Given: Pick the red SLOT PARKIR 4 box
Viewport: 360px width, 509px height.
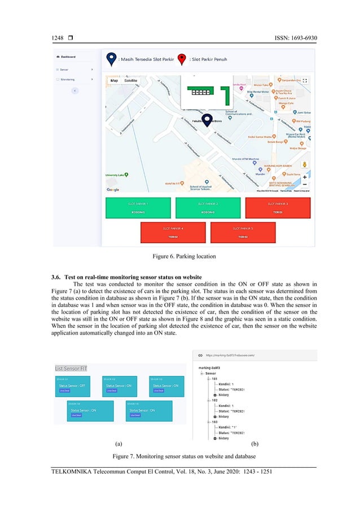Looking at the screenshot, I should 174,232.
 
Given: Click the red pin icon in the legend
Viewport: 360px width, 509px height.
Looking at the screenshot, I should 182,59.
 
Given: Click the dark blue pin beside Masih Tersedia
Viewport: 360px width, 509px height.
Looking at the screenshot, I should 111,59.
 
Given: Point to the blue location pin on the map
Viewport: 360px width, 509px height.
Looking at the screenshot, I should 207,119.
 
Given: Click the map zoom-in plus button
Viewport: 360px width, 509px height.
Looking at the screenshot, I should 305,177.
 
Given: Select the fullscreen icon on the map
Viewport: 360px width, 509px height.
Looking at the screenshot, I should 305,81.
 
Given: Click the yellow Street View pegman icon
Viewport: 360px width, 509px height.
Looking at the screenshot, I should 305,164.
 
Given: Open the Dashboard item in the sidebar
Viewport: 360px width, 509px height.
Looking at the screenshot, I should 68,56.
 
